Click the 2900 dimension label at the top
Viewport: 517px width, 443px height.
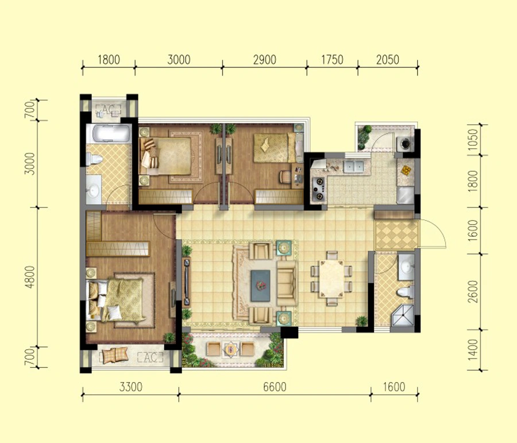point(264,60)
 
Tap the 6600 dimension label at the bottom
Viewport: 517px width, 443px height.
point(275,387)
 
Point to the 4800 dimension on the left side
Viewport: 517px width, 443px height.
point(30,277)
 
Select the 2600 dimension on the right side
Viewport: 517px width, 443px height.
point(473,291)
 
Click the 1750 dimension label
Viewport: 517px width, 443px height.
point(332,60)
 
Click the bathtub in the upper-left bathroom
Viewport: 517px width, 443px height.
point(109,133)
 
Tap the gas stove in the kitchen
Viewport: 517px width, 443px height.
point(318,189)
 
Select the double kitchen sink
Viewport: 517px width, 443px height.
point(353,166)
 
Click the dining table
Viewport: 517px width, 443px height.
point(331,279)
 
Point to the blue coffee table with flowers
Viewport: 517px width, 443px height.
point(260,286)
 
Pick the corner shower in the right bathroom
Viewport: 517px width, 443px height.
point(402,315)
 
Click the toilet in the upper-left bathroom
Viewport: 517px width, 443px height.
point(94,160)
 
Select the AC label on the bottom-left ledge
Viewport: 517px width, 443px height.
point(150,357)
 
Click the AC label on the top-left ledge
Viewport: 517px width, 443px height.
point(108,108)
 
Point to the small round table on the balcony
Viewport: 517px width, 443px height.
point(230,349)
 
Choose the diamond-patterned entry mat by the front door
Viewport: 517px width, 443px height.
point(396,235)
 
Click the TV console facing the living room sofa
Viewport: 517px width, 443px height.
point(187,282)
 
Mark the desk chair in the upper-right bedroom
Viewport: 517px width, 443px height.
point(284,176)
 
